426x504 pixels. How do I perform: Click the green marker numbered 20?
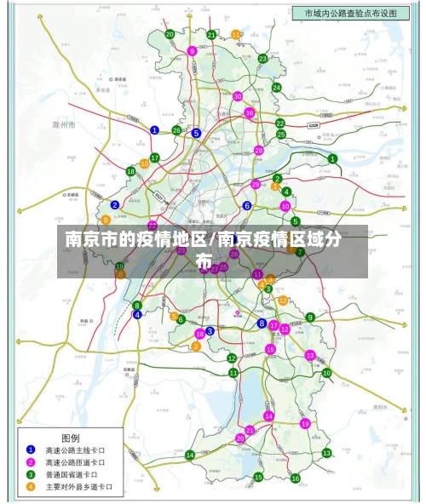(170, 34)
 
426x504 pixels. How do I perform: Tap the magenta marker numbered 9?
(192, 51)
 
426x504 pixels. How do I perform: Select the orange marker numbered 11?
(236, 35)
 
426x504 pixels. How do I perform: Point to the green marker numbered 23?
(262, 59)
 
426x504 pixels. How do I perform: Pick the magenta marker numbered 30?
(238, 95)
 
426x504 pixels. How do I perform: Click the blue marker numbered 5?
(196, 133)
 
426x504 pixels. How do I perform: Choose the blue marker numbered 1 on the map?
(154, 130)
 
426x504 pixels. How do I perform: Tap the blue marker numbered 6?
(247, 205)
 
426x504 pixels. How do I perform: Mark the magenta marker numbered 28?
(259, 150)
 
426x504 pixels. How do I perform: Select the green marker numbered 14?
(190, 455)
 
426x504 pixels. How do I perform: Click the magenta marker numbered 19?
(304, 423)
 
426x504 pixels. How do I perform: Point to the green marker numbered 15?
(258, 478)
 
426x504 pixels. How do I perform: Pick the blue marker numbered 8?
(262, 324)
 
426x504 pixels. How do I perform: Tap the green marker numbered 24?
(276, 88)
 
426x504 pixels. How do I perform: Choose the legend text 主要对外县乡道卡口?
(78, 487)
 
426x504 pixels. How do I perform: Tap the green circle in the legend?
(31, 474)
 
